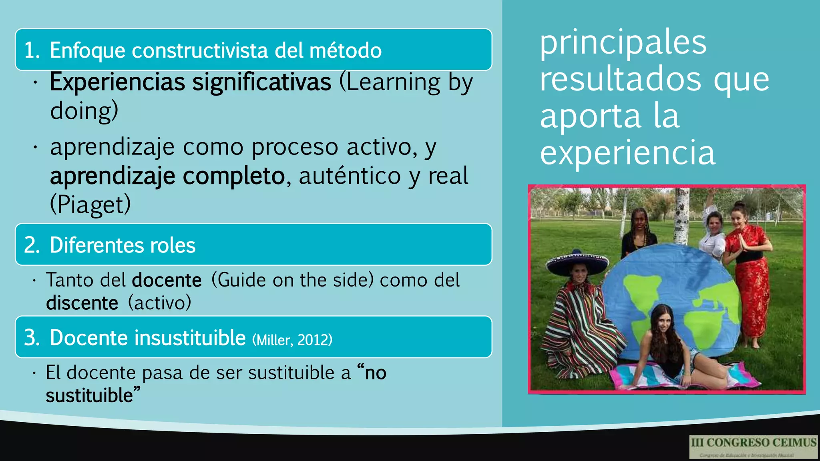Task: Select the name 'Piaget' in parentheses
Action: [90, 204]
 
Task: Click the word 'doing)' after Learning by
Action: [84, 111]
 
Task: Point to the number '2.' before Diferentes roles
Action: [32, 245]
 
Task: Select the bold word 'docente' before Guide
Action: [167, 280]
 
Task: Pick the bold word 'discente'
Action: [82, 303]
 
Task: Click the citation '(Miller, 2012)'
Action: [292, 340]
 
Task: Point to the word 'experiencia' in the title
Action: [627, 153]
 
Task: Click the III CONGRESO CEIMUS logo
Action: [753, 447]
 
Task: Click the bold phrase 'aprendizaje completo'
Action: [167, 176]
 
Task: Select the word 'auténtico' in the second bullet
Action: [350, 176]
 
